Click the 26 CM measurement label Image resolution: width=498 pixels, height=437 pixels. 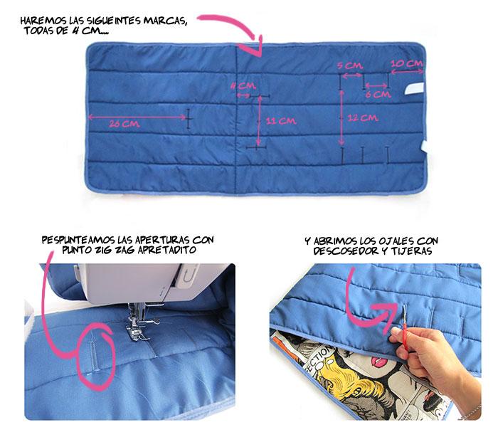(124, 124)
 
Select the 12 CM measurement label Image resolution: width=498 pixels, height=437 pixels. (363, 118)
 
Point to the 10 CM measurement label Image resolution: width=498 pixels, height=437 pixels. (408, 64)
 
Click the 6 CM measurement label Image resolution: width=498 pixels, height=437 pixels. (377, 93)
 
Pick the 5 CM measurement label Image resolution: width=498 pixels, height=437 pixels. (348, 65)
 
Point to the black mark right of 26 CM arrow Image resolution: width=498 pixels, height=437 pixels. (189, 118)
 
